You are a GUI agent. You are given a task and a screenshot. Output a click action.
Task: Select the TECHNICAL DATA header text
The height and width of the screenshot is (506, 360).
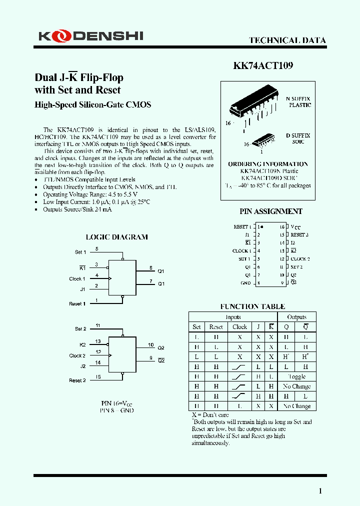[x=287, y=40]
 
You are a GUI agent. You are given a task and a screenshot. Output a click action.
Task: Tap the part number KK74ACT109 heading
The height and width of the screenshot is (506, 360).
[x=263, y=65]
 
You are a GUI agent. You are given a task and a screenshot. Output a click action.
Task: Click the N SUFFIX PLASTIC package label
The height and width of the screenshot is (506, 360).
[x=298, y=102]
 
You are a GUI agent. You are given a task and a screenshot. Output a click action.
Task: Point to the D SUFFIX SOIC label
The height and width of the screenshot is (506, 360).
[x=298, y=138]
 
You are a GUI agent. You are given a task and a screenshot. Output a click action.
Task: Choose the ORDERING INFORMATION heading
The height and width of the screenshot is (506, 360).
[x=268, y=164]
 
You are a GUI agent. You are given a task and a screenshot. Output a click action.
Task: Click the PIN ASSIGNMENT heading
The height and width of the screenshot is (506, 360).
[x=270, y=211]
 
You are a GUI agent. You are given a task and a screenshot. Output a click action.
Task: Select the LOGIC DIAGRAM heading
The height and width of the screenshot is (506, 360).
[x=117, y=237]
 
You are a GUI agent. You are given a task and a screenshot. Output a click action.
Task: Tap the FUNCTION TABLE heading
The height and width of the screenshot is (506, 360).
[x=252, y=306]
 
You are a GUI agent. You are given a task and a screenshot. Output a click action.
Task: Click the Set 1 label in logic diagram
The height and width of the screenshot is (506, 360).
[x=80, y=252]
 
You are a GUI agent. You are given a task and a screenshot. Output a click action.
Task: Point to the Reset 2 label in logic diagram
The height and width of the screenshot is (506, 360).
[x=77, y=380]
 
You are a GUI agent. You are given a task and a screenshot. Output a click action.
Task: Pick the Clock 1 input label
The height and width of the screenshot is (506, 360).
[x=77, y=279]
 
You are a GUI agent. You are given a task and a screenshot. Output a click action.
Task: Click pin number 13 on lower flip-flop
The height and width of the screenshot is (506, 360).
[x=97, y=341]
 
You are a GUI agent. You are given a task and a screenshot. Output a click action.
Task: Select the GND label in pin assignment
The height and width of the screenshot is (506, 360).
[x=245, y=283]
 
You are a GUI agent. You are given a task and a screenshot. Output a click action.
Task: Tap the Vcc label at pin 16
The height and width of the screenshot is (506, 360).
[x=295, y=227]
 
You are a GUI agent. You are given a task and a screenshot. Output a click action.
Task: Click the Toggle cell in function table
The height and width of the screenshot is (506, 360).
[x=296, y=376]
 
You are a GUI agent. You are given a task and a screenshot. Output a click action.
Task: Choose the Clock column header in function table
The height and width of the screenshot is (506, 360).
[x=239, y=326]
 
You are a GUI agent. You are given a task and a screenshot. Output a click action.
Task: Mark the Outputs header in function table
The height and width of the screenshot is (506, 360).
[x=296, y=317]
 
